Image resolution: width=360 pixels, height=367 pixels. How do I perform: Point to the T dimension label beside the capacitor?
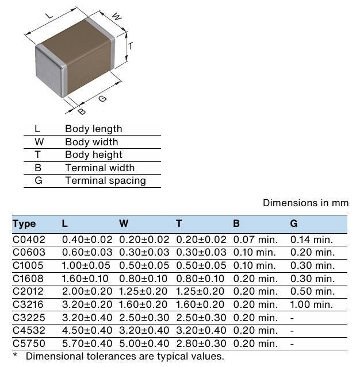(x=131, y=45)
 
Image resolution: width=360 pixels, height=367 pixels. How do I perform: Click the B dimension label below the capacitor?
(x=82, y=111)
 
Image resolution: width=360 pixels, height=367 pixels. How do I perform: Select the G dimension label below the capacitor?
(x=102, y=98)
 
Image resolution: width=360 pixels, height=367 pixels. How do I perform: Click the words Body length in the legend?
(x=93, y=129)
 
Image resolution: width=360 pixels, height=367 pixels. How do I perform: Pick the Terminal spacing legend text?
(x=105, y=180)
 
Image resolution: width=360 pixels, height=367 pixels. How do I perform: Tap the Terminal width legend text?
(x=99, y=168)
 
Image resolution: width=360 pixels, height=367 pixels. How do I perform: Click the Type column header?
(x=24, y=223)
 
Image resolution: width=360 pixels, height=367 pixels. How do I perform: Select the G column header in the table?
(x=294, y=223)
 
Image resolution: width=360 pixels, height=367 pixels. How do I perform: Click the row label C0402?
(x=29, y=239)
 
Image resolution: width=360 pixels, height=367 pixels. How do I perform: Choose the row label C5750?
(x=29, y=343)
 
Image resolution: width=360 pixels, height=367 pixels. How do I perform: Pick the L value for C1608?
(x=88, y=278)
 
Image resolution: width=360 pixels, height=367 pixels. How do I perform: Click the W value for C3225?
(x=144, y=317)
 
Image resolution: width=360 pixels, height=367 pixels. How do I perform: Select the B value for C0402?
(x=255, y=239)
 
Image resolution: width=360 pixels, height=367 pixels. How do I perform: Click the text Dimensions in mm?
(x=305, y=203)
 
